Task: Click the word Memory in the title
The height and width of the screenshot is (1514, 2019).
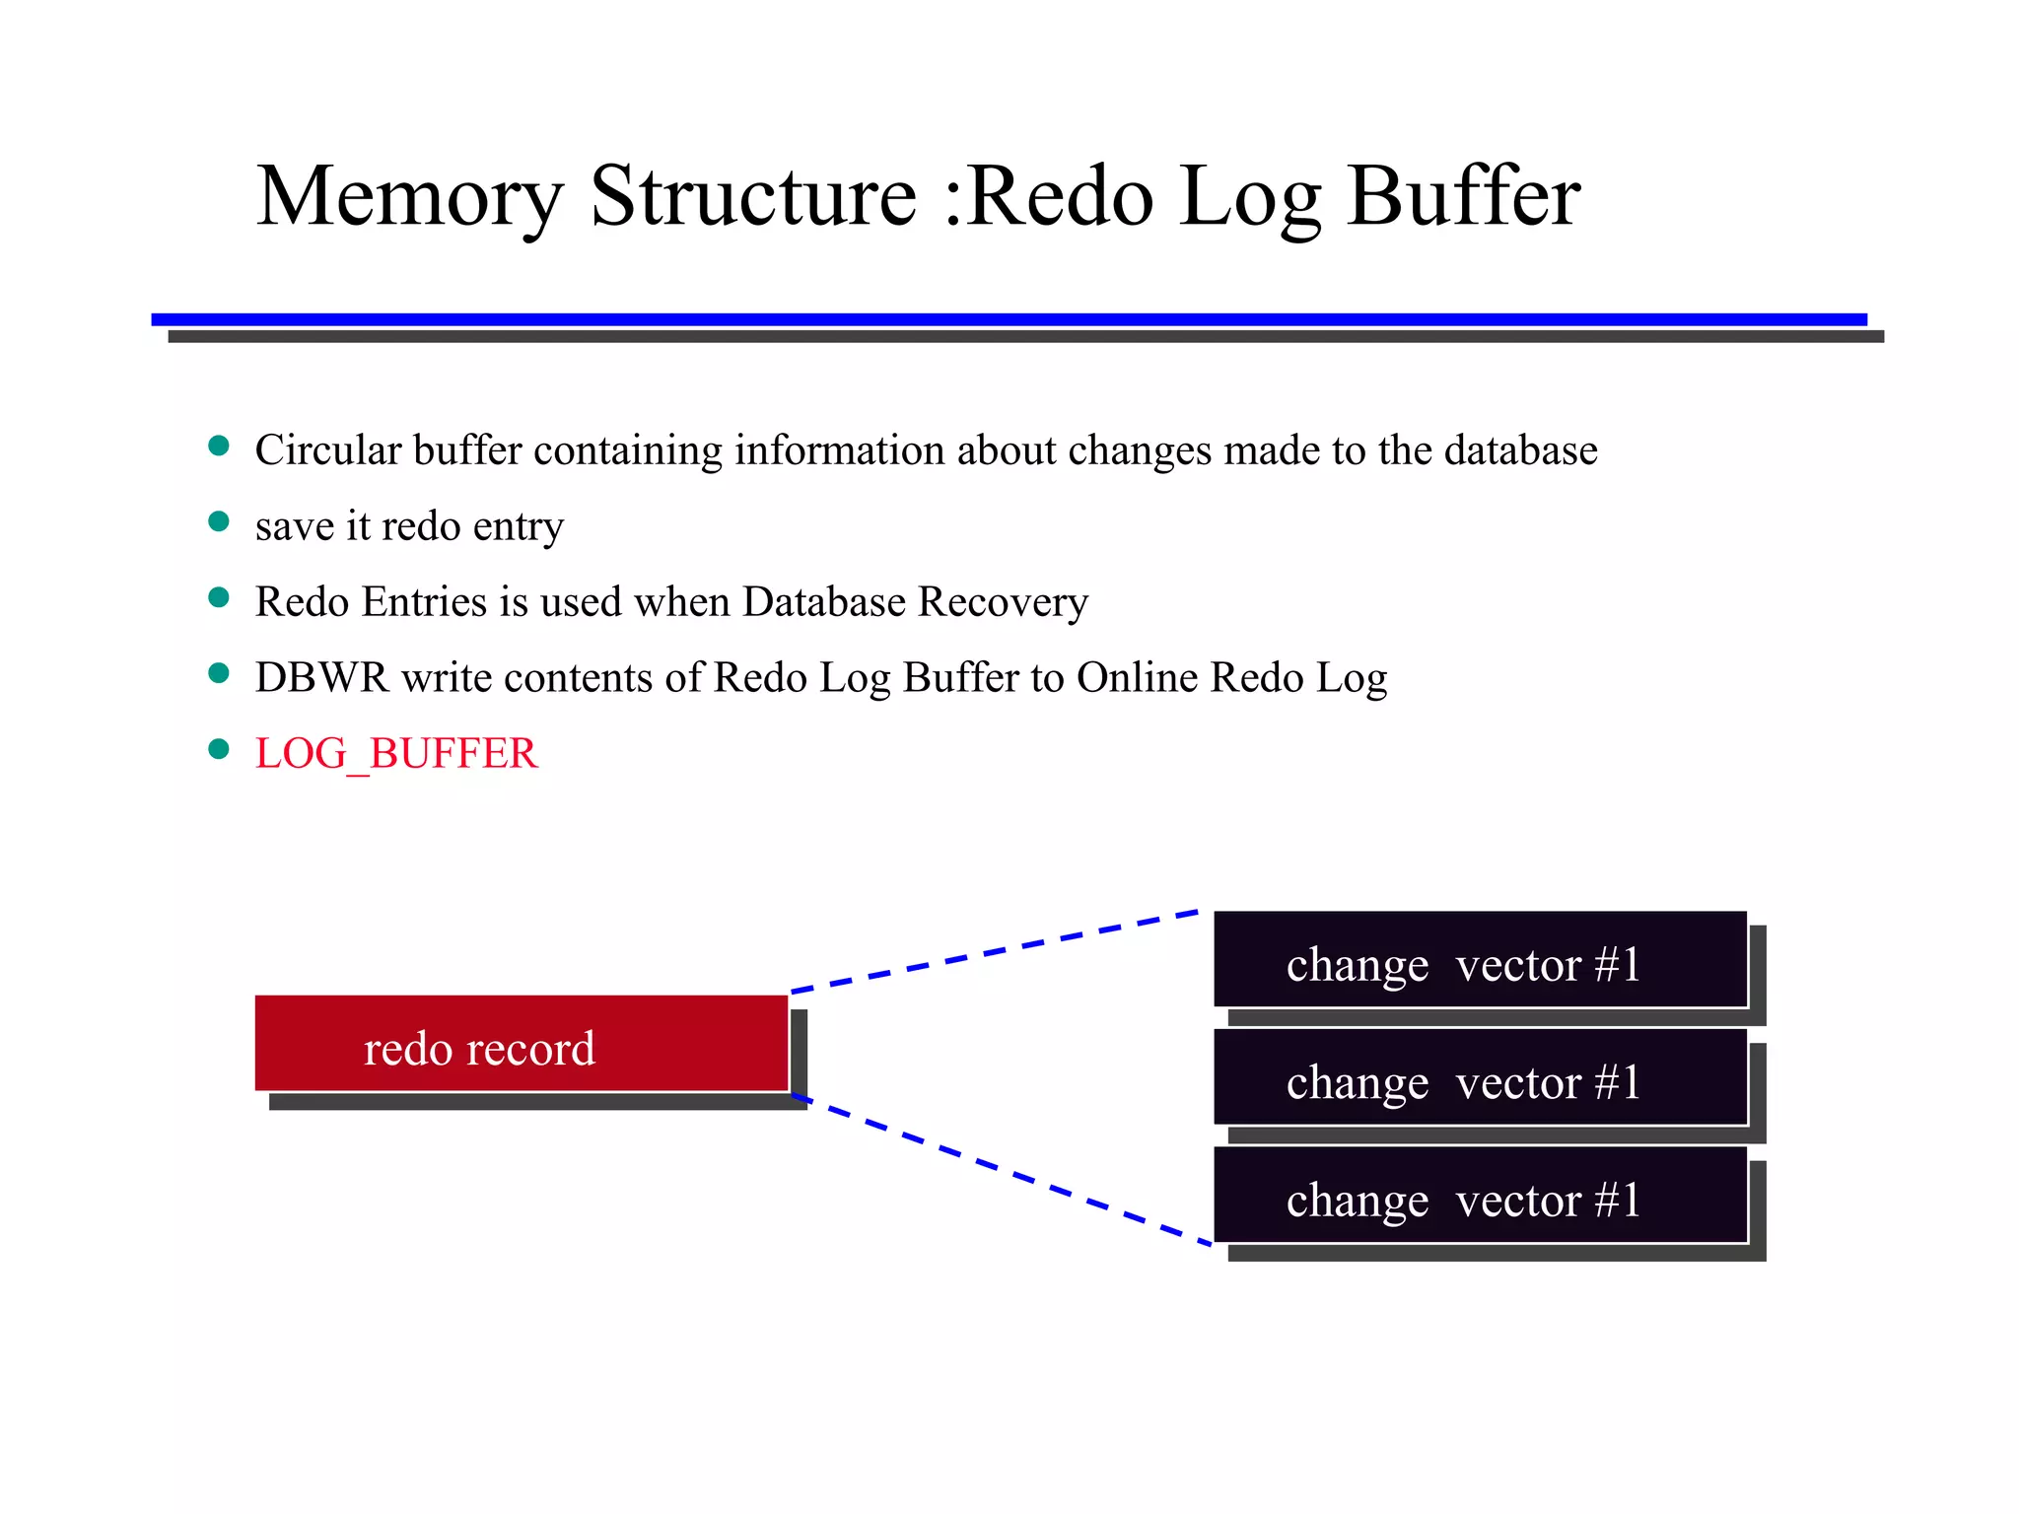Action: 409,197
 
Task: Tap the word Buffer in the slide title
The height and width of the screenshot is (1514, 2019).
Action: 1463,197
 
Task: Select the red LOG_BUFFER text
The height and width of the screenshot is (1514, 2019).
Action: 396,754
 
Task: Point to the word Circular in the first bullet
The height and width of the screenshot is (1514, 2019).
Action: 327,450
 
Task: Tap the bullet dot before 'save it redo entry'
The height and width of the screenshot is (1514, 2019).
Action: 219,521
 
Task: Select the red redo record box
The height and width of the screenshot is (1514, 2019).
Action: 522,1044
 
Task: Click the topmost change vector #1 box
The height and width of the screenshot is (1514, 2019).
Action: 1479,960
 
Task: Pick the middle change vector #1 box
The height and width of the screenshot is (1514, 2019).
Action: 1479,1077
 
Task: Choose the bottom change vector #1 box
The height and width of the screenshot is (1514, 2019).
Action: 1479,1196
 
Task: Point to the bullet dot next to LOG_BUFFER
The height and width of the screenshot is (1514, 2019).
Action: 219,750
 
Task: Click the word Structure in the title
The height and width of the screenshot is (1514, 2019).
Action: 753,197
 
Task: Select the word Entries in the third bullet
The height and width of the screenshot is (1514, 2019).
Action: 424,602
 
